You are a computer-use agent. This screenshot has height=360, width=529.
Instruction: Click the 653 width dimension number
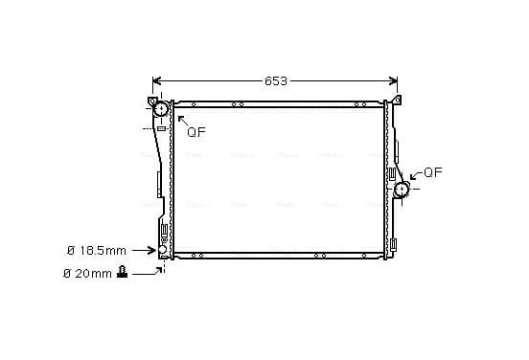pos(276,80)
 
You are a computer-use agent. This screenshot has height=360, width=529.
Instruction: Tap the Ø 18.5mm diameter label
pos(97,251)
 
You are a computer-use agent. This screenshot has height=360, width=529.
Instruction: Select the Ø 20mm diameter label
pos(87,274)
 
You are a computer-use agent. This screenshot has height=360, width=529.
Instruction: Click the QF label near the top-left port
pos(196,132)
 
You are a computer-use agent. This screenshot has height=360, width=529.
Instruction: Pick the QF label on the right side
pos(433,172)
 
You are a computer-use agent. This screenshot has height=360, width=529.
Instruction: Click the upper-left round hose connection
pos(161,108)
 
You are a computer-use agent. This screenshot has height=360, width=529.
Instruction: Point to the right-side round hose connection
pos(402,190)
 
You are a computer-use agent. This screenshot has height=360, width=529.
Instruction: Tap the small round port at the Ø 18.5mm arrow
pos(162,250)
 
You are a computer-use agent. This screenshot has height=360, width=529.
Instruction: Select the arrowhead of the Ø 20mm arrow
pos(160,270)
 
